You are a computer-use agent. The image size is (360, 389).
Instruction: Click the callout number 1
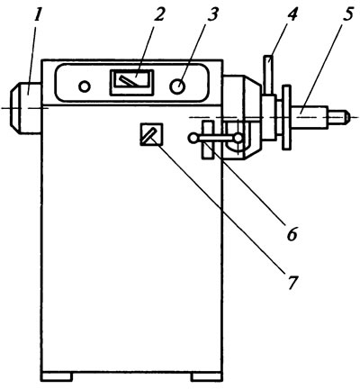[x=38, y=15]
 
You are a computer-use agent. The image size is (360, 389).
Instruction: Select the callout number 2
[x=158, y=14]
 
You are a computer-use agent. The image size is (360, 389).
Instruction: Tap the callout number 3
[x=212, y=14]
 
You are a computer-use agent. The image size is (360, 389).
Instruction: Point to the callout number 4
[x=291, y=14]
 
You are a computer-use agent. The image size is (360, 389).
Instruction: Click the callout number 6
[x=292, y=233]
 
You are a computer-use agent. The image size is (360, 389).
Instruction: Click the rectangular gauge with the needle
[x=131, y=83]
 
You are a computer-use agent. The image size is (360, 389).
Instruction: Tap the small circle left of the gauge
[x=85, y=86]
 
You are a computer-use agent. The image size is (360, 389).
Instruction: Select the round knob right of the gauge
[x=177, y=86]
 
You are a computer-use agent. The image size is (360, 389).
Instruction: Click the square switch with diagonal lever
[x=151, y=134]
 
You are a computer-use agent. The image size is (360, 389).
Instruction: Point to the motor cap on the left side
[x=25, y=108]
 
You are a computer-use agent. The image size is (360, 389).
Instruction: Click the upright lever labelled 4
[x=269, y=75]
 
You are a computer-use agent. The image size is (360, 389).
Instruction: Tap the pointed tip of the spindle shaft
[x=347, y=116]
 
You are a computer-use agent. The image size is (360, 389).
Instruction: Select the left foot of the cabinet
[x=58, y=376]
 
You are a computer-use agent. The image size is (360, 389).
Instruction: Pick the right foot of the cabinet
[x=206, y=376]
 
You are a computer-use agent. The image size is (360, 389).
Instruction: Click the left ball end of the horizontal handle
[x=192, y=138]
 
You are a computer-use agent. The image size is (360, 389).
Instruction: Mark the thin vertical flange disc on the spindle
[x=286, y=117]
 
